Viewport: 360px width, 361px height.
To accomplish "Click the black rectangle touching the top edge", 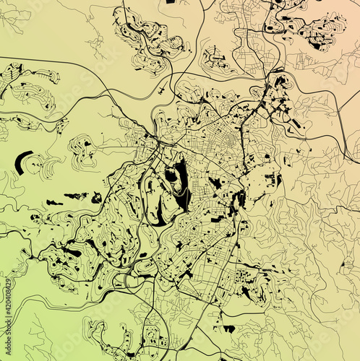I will [x=171, y=2].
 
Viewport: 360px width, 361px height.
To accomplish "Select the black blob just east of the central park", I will [x=215, y=183].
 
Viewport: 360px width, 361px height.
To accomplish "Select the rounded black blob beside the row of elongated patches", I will [x=96, y=197].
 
